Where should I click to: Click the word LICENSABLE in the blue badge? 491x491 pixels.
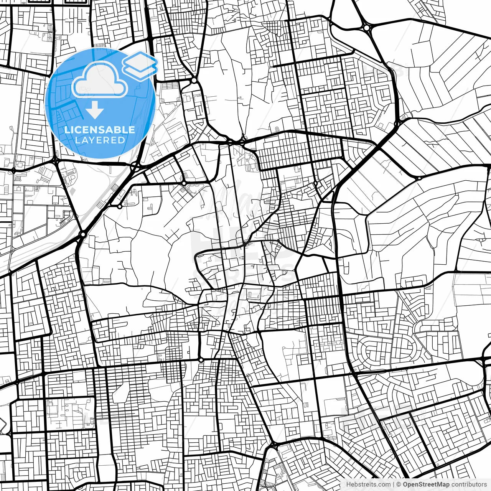click(x=100, y=130)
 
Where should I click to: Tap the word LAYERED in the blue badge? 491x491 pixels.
click(x=100, y=140)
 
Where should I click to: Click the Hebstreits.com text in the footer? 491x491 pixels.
click(x=368, y=484)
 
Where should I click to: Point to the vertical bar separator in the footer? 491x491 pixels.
click(x=394, y=484)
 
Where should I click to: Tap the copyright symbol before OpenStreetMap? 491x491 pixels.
click(x=399, y=484)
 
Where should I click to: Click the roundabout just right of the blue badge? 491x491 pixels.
click(x=194, y=81)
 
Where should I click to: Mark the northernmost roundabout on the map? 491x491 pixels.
click(x=367, y=27)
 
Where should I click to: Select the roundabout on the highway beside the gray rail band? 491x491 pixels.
click(x=82, y=234)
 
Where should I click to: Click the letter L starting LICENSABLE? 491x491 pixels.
click(x=67, y=130)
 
